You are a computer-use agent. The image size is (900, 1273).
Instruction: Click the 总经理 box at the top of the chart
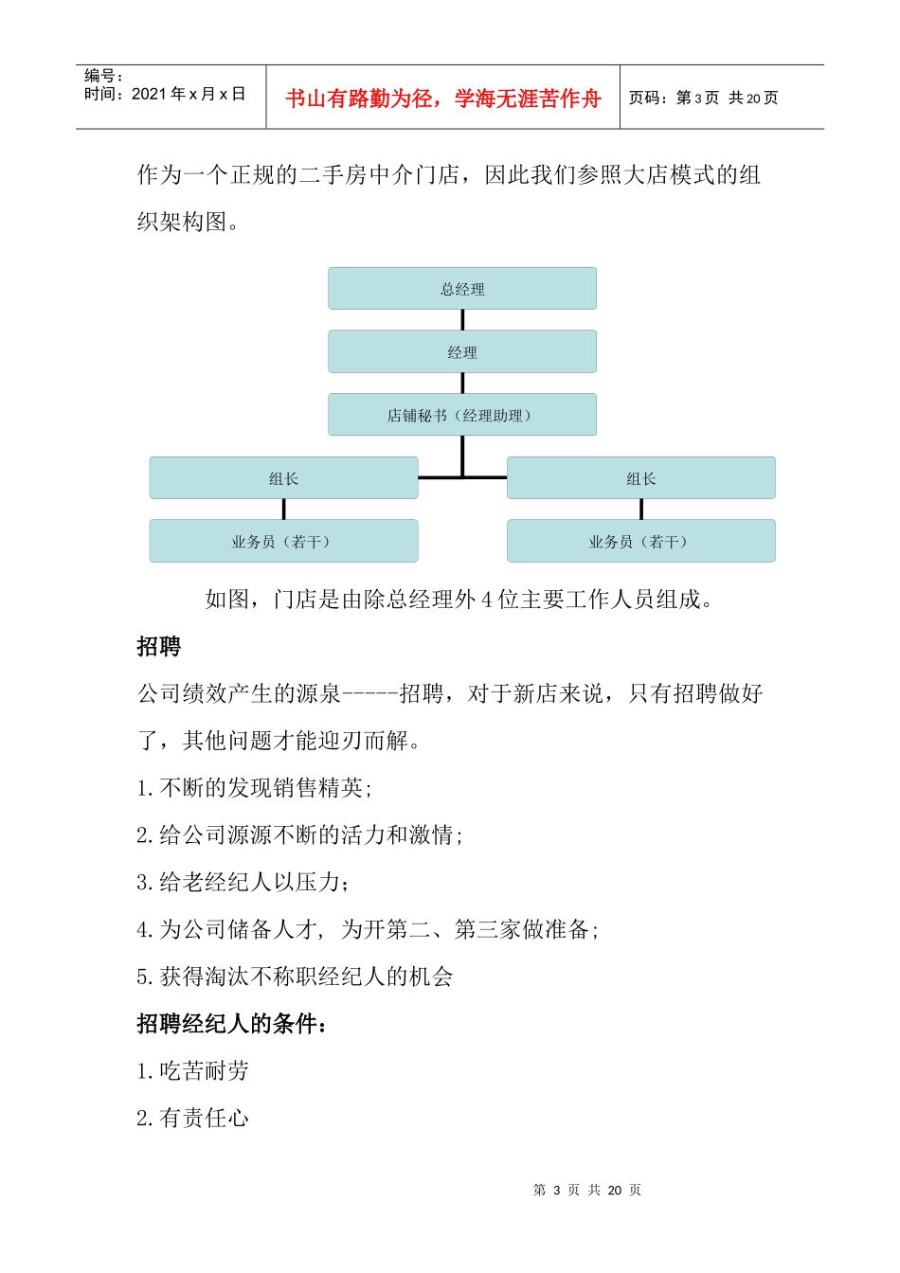(x=462, y=289)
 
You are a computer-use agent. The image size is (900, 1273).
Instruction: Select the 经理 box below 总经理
(x=462, y=351)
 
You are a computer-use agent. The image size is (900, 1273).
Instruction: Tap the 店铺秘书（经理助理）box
(x=462, y=415)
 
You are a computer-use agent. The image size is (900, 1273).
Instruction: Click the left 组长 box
(x=283, y=478)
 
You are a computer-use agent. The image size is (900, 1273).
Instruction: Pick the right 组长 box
(x=641, y=478)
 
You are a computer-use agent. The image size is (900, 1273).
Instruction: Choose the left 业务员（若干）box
(x=283, y=541)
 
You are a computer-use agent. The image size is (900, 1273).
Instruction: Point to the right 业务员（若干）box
(x=641, y=541)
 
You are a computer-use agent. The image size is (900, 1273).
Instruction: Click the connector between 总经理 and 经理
(x=462, y=320)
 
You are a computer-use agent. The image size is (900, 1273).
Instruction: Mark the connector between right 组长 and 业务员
(x=641, y=510)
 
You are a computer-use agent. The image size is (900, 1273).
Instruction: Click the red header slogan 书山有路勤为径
(x=443, y=99)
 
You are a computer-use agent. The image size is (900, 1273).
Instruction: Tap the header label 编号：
(x=104, y=76)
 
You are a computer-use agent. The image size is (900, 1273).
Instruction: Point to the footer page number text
(x=587, y=1190)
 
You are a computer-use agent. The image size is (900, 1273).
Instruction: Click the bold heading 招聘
(x=159, y=647)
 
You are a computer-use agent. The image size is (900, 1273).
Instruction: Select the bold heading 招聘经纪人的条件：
(x=233, y=1024)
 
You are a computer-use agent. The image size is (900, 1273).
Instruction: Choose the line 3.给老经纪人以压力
(x=243, y=883)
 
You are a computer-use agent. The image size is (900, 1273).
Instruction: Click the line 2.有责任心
(x=193, y=1119)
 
